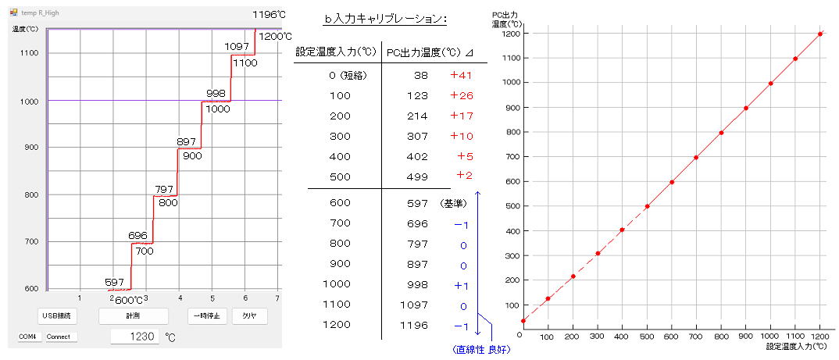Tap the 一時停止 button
point(206,316)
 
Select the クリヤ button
point(249,316)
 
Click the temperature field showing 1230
point(134,337)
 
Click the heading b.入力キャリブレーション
point(379,20)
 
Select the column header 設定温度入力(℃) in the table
point(336,52)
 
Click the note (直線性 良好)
point(481,349)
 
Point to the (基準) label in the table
point(452,203)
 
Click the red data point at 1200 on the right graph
point(820,34)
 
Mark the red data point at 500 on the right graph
point(648,206)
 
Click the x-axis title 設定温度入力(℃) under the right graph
point(796,344)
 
